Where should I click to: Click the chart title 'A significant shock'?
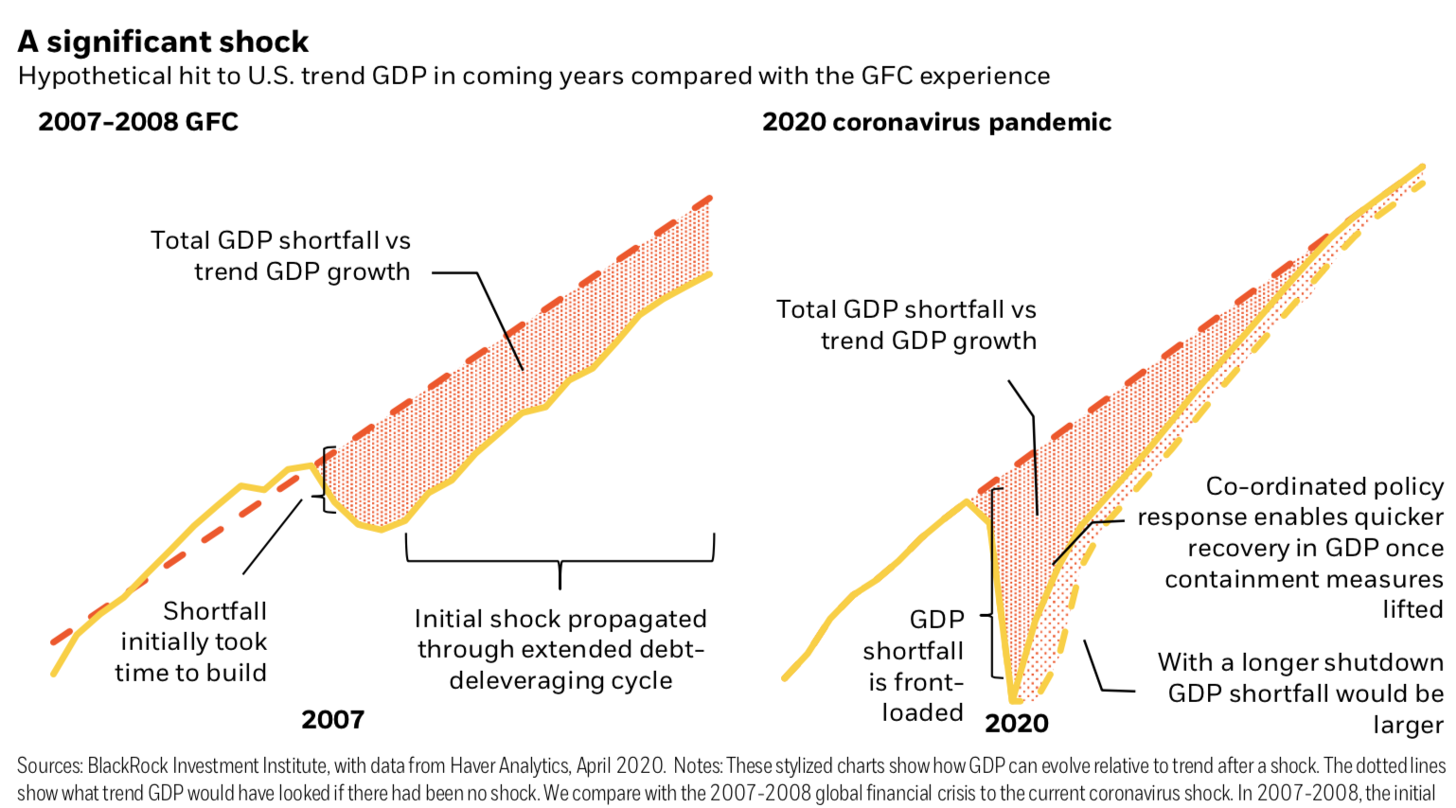click(x=163, y=42)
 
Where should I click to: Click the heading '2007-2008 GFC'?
click(x=138, y=122)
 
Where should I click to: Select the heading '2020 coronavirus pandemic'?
click(x=936, y=122)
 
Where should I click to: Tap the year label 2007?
click(x=332, y=720)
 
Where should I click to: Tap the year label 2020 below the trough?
click(x=1017, y=724)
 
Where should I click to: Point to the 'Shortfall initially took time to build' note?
click(x=191, y=641)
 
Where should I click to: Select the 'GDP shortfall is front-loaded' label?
click(x=914, y=666)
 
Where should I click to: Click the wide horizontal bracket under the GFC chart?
click(x=559, y=559)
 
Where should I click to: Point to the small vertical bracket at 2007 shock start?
click(x=327, y=480)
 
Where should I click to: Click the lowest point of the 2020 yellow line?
click(x=1014, y=699)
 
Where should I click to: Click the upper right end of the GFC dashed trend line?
click(x=709, y=199)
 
